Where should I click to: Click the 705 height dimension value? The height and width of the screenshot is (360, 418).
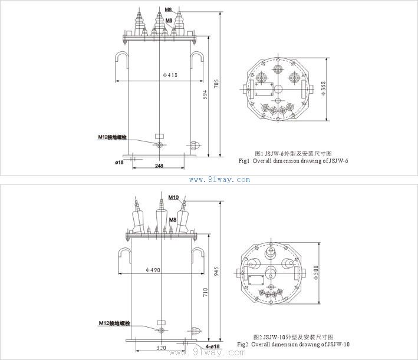pyautogui.click(x=216, y=84)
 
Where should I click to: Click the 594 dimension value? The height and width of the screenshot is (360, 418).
pyautogui.click(x=205, y=94)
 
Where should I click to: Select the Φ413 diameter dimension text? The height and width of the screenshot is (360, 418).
pyautogui.click(x=170, y=75)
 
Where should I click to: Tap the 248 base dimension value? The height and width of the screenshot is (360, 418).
pyautogui.click(x=159, y=166)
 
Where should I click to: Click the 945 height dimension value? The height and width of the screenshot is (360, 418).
pyautogui.click(x=216, y=271)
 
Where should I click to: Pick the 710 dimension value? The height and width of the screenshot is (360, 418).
pyautogui.click(x=205, y=293)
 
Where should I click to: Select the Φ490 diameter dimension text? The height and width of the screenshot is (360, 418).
pyautogui.click(x=153, y=270)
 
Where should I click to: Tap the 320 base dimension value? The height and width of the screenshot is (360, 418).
pyautogui.click(x=161, y=348)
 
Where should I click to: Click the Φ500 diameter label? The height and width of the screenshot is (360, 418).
pyautogui.click(x=316, y=272)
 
